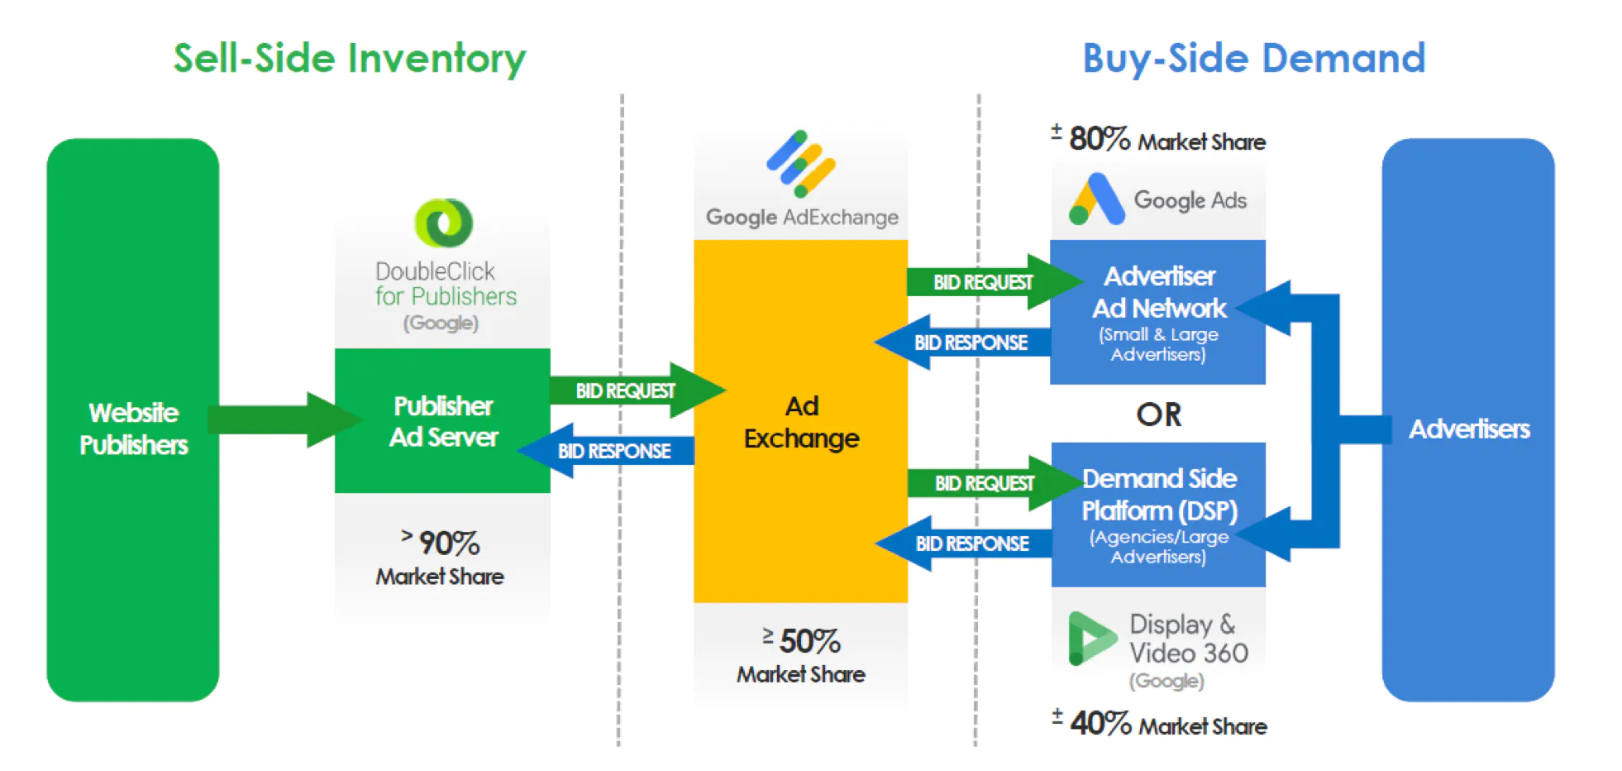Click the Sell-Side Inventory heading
click(349, 59)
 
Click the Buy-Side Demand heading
click(1253, 59)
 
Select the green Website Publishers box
click(132, 420)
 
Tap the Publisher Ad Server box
click(442, 420)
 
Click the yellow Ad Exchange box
click(800, 422)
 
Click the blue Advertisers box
click(1467, 420)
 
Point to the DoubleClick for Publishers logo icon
click(444, 223)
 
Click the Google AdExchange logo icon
click(800, 164)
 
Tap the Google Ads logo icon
click(1096, 200)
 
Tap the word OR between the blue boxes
click(1158, 414)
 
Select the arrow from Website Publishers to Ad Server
click(281, 419)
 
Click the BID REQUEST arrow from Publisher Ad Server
click(628, 390)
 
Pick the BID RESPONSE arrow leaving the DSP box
click(967, 544)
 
